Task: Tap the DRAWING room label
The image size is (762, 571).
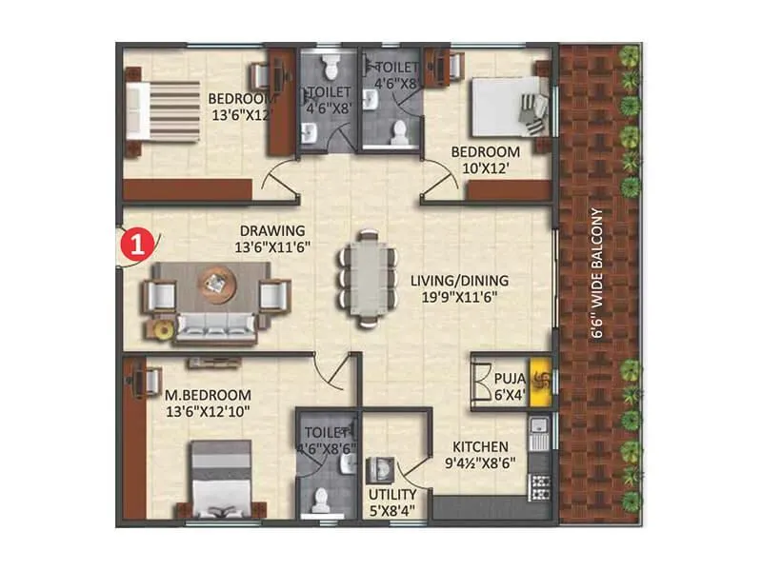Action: coord(272,239)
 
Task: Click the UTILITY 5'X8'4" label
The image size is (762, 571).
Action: coord(391,502)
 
